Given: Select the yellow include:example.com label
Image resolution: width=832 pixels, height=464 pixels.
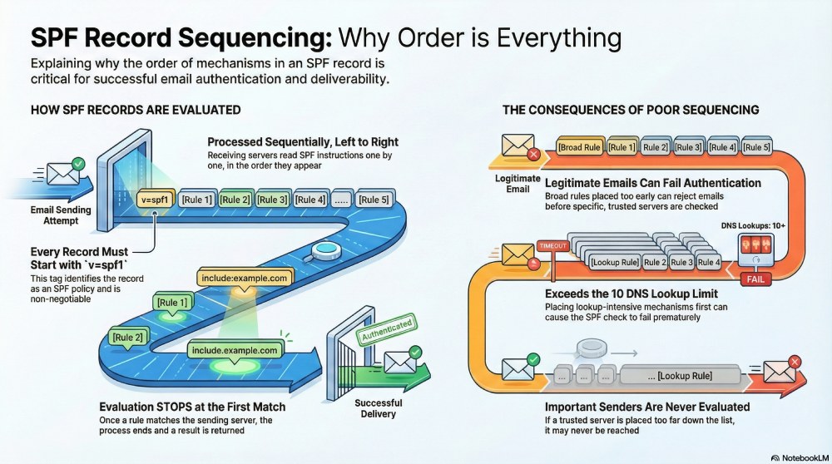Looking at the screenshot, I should point(242,278).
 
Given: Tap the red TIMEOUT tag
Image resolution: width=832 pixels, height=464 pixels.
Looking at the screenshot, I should point(551,246).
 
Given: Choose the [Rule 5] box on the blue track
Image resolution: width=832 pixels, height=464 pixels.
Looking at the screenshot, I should point(374,200).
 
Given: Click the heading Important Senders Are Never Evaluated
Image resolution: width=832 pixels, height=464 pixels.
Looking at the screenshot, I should point(647,407).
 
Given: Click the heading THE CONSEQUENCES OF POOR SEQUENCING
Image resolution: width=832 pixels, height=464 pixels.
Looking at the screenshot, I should point(630,110).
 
